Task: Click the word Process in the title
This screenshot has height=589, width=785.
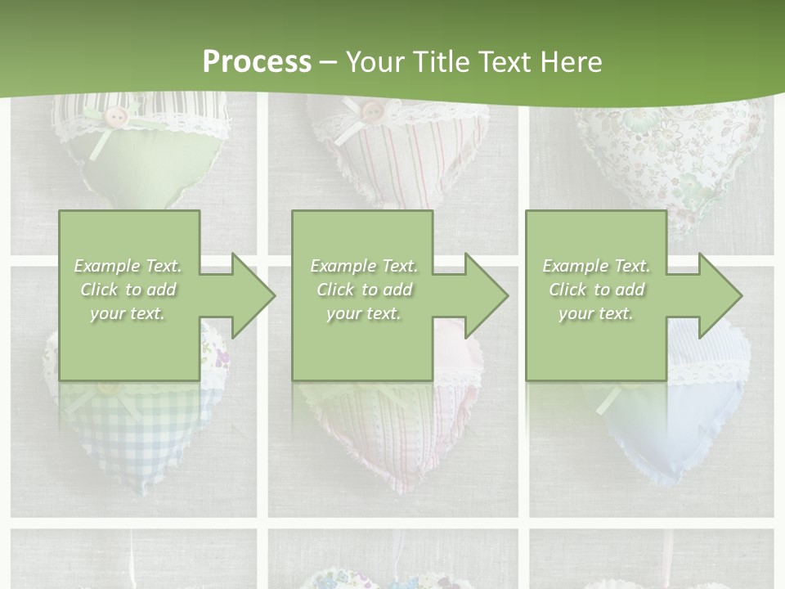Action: pos(257,62)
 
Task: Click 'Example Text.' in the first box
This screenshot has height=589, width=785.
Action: pos(128,266)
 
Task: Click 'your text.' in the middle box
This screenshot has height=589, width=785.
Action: pos(363,313)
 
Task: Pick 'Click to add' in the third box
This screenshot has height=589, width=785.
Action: pos(596,290)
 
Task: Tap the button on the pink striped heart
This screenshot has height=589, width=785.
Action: pos(372,110)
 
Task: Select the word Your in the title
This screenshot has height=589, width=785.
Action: pos(375,62)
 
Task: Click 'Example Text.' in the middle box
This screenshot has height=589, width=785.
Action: pos(363,266)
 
